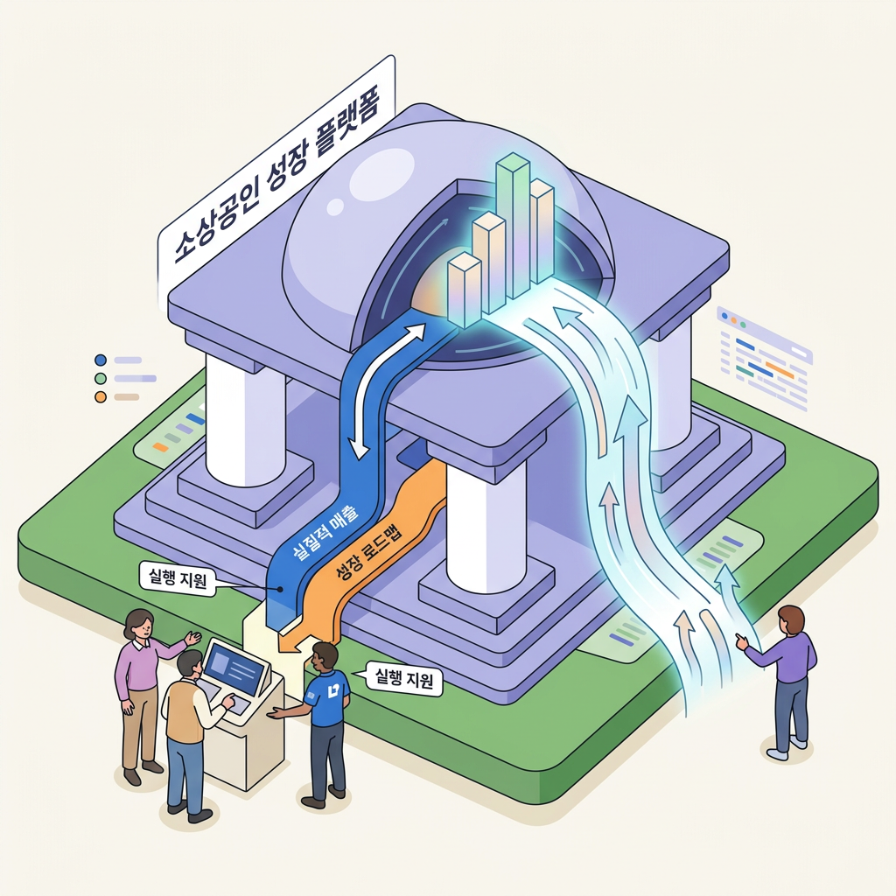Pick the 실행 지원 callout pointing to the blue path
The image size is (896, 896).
[178, 578]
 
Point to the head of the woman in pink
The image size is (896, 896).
[139, 625]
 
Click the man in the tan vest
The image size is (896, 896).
[185, 717]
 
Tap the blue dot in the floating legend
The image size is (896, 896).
[100, 359]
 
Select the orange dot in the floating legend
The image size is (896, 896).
[100, 397]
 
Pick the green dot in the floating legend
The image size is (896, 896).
[100, 378]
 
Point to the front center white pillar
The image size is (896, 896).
[486, 525]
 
